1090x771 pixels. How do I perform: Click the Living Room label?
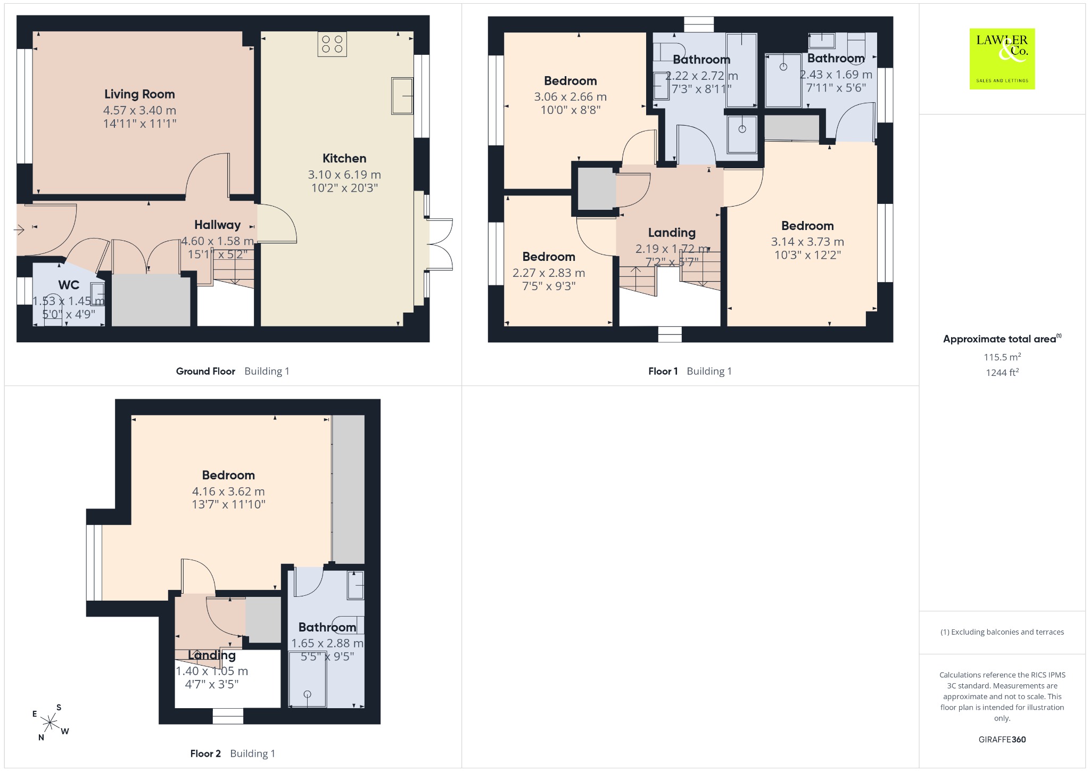139,94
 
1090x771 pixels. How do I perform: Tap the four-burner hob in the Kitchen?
332,44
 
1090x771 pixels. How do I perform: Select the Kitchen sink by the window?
402,96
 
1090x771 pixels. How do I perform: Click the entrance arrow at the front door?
19,230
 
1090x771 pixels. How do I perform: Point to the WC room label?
69,285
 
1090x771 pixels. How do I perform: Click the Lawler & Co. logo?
1002,59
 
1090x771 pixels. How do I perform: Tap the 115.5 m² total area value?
1002,357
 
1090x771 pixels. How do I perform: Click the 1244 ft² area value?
1002,373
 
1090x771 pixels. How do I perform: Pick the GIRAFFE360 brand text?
1002,739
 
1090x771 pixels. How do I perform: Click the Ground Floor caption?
205,371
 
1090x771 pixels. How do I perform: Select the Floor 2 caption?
205,753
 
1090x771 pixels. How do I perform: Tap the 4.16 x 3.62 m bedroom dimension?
228,491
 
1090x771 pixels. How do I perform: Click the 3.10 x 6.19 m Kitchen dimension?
344,175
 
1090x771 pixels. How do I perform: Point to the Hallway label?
217,225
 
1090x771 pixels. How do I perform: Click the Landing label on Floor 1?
672,233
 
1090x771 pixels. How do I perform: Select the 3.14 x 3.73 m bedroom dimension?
807,242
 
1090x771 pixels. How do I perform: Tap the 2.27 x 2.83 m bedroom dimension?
549,273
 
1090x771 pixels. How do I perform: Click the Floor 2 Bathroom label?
327,627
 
